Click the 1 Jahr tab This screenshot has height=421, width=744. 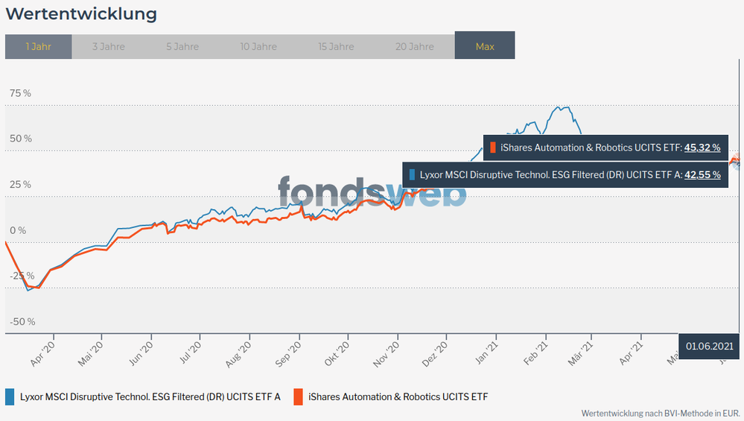coord(38,46)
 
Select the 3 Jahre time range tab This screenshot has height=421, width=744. coord(109,46)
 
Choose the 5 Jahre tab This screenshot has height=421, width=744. coord(182,46)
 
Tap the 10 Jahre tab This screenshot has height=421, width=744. coord(259,46)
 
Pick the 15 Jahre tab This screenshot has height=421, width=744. coord(336,46)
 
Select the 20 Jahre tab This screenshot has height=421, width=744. coord(415,46)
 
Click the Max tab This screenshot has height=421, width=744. coord(485,46)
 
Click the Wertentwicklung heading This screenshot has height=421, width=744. coord(81,14)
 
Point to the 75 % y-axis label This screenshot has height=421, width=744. coord(20,93)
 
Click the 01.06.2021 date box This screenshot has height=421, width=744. coord(710,346)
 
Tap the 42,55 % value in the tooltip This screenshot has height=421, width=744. coord(702,175)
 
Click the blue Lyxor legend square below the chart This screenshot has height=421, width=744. coord(10,396)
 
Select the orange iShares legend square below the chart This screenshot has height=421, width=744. coord(298,396)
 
